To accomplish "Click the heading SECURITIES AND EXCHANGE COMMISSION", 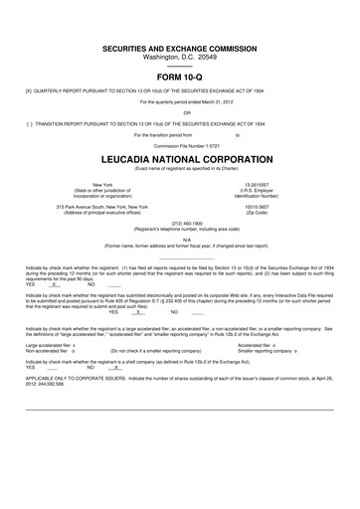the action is point(179,48).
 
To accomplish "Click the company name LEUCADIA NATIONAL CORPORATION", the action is point(179,159).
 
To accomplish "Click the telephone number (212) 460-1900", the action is point(179,223).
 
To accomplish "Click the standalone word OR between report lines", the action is point(179,112).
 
